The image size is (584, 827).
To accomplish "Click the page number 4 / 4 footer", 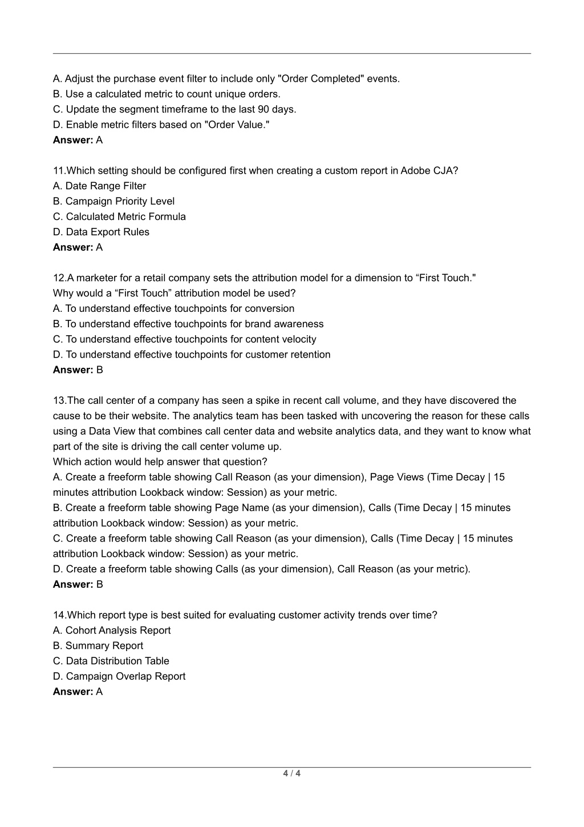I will pos(291,774).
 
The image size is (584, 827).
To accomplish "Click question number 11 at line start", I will pos(59,171).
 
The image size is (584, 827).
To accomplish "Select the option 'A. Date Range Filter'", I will pos(99,186).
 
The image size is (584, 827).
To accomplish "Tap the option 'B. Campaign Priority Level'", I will pos(113,202).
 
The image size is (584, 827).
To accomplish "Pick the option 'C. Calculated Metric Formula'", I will pos(119,217).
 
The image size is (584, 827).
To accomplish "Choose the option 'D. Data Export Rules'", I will pos(101,232).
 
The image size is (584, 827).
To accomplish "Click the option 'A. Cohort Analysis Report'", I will pos(112,631).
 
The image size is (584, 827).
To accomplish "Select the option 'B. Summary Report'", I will pos(98,646).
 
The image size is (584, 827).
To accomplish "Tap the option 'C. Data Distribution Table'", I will pos(111,661).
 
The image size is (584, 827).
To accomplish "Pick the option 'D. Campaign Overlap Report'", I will pos(119,677).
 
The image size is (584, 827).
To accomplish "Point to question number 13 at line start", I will pos(59,401).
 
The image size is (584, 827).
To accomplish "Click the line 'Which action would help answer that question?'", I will pos(160,462).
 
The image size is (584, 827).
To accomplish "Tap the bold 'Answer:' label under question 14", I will pos(73,692).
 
